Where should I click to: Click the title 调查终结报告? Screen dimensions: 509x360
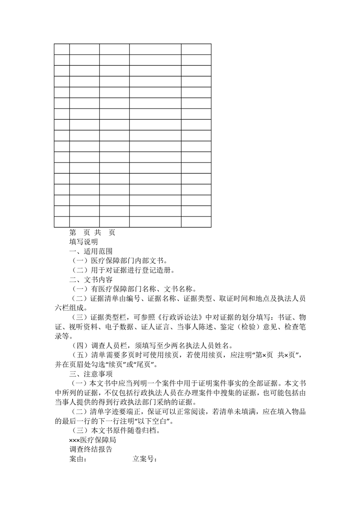coord(91,450)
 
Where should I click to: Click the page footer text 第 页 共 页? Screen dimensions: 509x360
coord(92,232)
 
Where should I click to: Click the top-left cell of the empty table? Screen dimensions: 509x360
coord(62,49)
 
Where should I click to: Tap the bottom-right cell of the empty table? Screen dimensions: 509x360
coord(196,222)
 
